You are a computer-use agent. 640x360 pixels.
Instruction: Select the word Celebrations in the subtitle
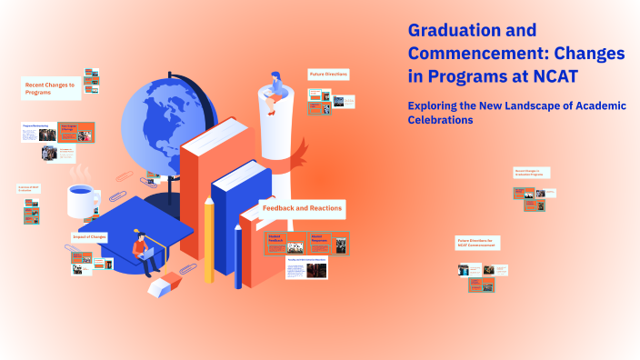(441, 120)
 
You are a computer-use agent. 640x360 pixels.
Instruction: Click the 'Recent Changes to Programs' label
(50, 88)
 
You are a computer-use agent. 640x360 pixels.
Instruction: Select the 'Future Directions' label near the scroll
(328, 74)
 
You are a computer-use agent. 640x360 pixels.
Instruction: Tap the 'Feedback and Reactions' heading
(302, 208)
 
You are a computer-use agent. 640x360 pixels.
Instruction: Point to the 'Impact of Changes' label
(89, 237)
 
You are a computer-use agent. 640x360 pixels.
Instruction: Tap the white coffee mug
(85, 201)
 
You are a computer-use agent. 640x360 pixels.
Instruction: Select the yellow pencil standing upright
(208, 240)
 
